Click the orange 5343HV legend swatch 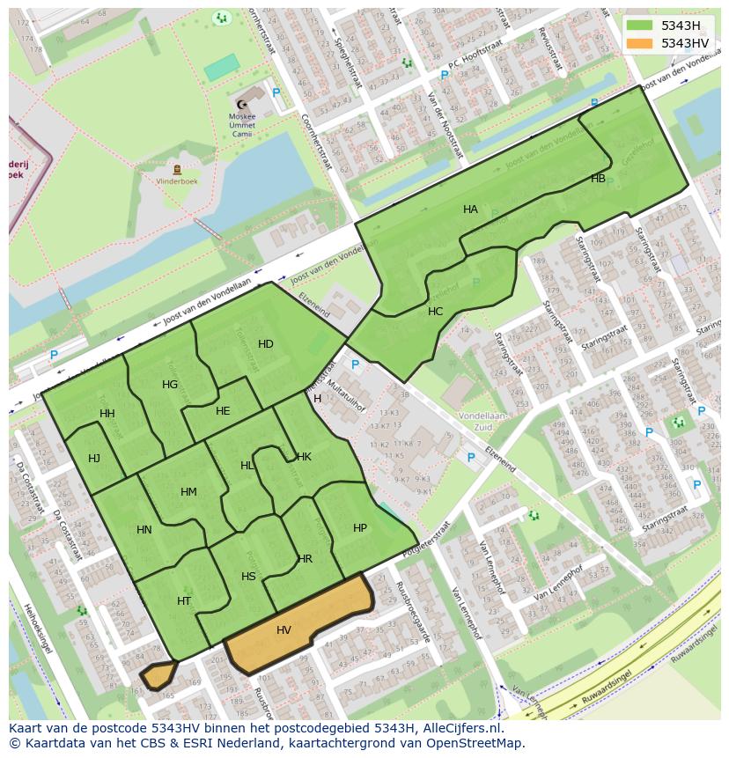(x=641, y=43)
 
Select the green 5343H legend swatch (x=641, y=26)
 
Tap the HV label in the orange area (x=283, y=630)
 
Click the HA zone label (x=470, y=210)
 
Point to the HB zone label (x=598, y=179)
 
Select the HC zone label (x=435, y=312)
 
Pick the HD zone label (x=265, y=344)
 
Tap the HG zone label (x=170, y=385)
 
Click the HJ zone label (x=94, y=458)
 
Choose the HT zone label (x=184, y=601)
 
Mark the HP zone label (x=359, y=528)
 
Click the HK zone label (x=304, y=457)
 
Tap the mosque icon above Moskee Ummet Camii (x=242, y=104)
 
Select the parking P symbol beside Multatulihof (x=355, y=365)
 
